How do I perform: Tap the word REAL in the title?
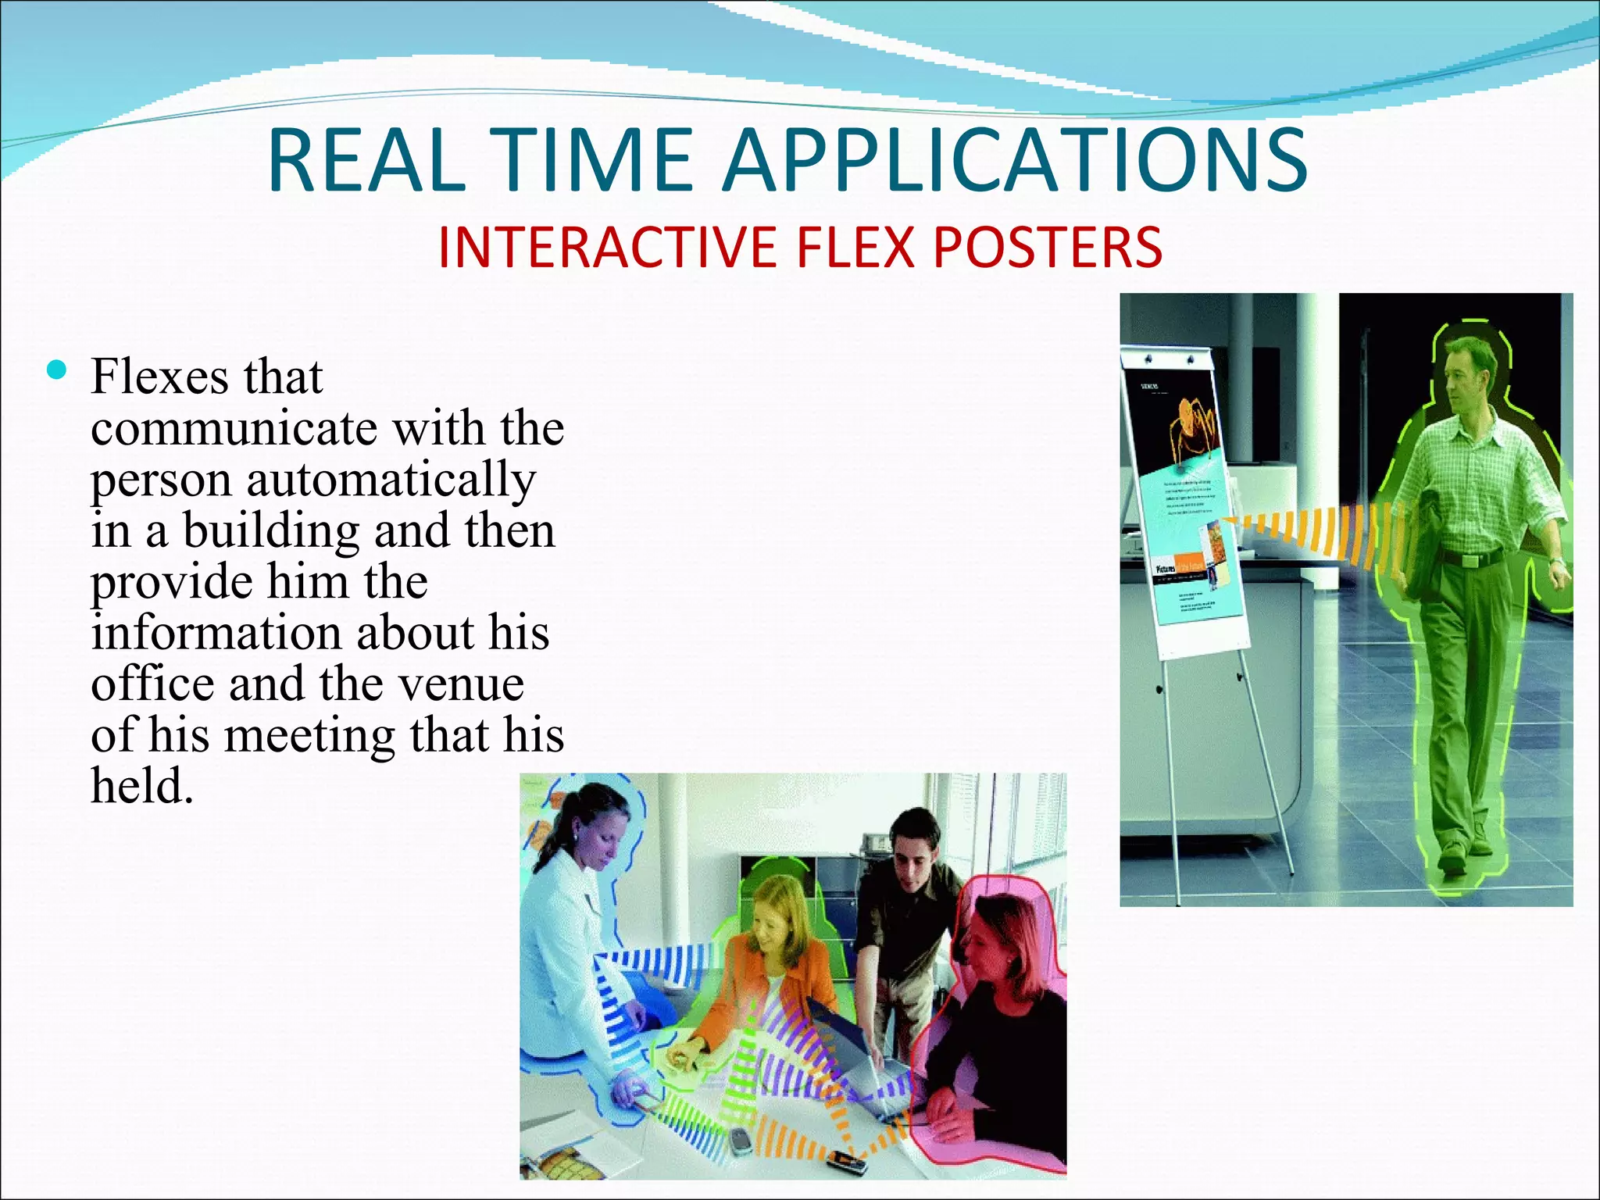pyautogui.click(x=366, y=161)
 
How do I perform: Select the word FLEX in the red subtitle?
pyautogui.click(x=855, y=248)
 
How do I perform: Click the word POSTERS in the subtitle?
pyautogui.click(x=1048, y=248)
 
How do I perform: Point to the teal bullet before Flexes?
pyautogui.click(x=57, y=370)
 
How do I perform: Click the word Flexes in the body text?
pyautogui.click(x=159, y=377)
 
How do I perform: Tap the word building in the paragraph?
pyautogui.click(x=270, y=530)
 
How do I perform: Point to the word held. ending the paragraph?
pyautogui.click(x=141, y=786)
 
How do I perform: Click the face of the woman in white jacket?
pyautogui.click(x=602, y=840)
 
